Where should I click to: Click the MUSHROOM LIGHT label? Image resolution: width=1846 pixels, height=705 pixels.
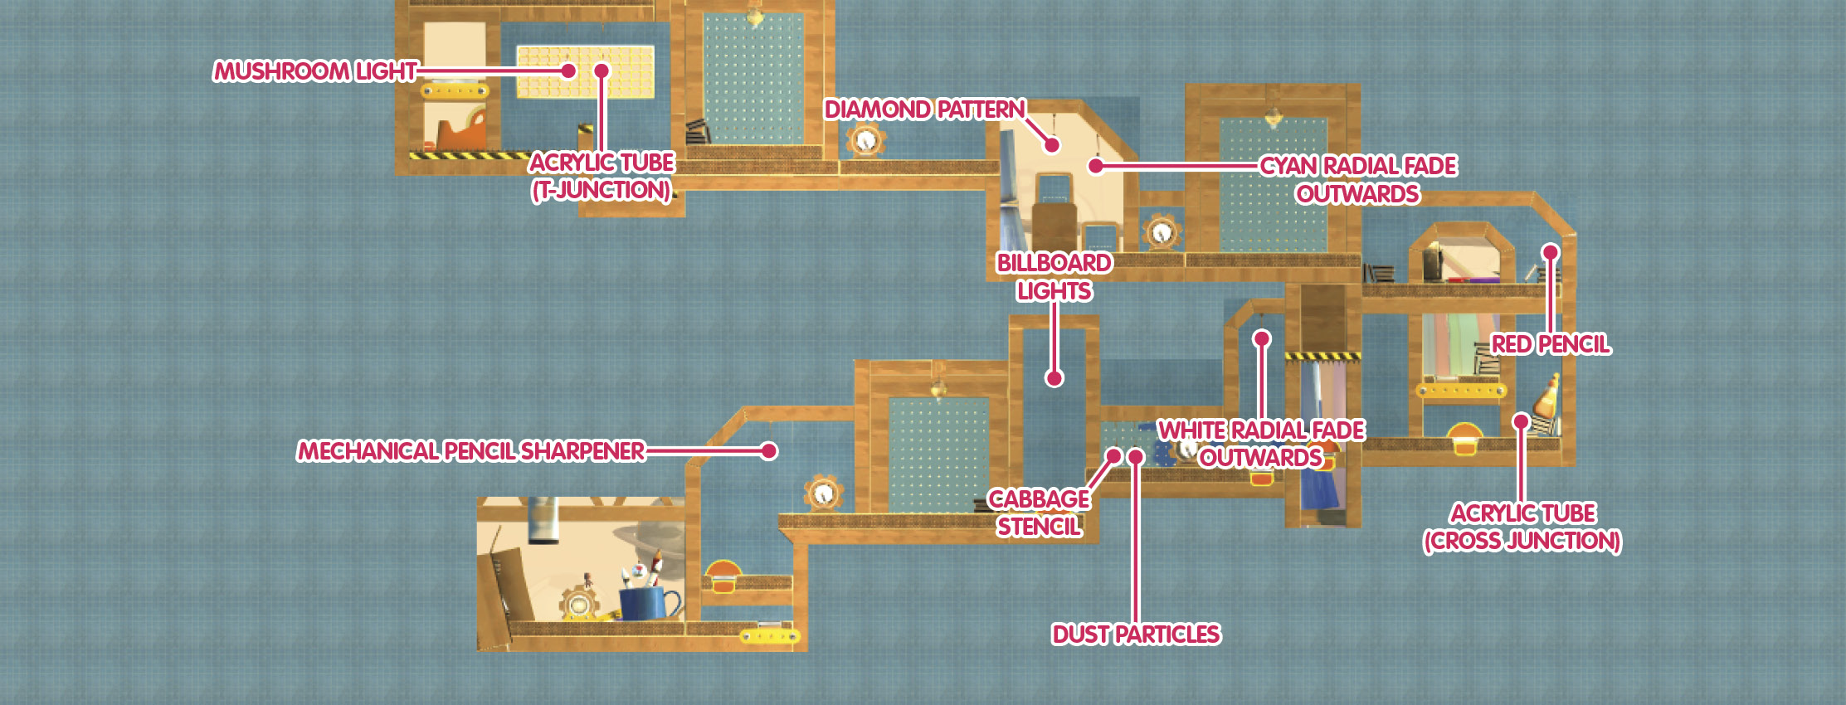[x=315, y=71]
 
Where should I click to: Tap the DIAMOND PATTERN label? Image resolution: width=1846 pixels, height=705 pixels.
[x=925, y=109]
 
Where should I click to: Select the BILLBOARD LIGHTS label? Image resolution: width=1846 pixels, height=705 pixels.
[x=1055, y=277]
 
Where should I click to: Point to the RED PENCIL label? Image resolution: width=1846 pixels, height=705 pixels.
[x=1551, y=344]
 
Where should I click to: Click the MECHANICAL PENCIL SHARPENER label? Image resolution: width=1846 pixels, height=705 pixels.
[x=471, y=451]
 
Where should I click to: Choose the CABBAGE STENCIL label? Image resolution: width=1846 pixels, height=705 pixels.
[x=1039, y=513]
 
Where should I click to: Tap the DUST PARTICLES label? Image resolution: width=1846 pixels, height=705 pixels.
[x=1136, y=634]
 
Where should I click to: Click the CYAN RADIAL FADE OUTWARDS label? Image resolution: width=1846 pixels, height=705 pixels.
[x=1358, y=180]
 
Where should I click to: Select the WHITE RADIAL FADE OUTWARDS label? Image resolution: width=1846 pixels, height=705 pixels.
[x=1261, y=444]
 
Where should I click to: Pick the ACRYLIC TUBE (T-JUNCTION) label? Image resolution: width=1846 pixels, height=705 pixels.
[x=602, y=176]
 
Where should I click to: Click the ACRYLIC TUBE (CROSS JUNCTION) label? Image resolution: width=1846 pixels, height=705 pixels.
[x=1522, y=527]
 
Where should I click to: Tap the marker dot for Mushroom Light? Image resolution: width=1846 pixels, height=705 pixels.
[x=568, y=70]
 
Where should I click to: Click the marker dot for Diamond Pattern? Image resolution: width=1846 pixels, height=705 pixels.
[x=1052, y=145]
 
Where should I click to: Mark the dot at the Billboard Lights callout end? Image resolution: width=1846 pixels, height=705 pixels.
[x=1055, y=378]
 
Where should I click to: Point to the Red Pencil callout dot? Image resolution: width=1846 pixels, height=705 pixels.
[x=1550, y=252]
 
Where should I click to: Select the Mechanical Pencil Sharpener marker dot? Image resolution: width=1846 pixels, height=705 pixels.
[x=769, y=450]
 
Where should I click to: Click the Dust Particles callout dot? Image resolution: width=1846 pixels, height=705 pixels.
[x=1137, y=457]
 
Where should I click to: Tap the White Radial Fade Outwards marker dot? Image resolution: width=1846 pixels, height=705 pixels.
[x=1262, y=338]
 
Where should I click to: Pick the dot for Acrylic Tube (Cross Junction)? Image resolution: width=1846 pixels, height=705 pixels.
[x=1521, y=421]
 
